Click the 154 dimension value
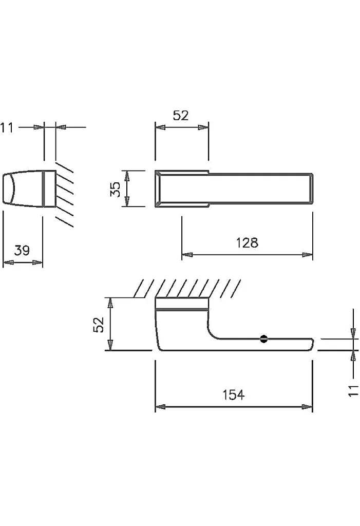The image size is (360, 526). [234, 395]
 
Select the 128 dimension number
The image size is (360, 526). [247, 242]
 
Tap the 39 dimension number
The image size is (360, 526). [22, 250]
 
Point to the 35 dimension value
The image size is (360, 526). [115, 189]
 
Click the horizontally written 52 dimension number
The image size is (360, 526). [181, 116]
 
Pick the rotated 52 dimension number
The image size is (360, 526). [99, 325]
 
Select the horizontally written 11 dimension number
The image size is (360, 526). [7, 128]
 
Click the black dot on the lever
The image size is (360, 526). [264, 339]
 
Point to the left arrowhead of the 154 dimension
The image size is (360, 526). [160, 407]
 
